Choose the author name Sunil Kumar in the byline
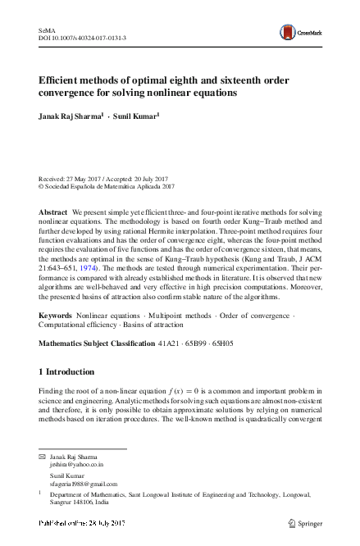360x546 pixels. [x=135, y=116]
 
